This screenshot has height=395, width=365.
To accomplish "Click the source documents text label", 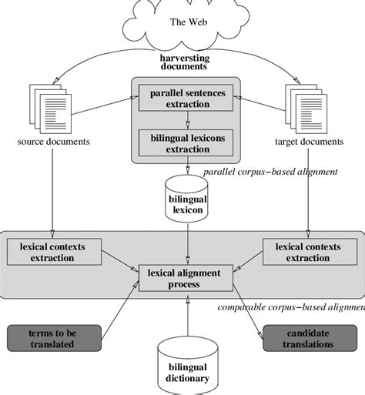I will pyautogui.click(x=52, y=142).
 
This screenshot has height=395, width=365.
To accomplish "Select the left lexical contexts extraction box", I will pyautogui.click(x=52, y=252).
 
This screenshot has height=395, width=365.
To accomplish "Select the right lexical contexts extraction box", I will pyautogui.click(x=308, y=252).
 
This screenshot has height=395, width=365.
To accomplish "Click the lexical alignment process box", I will pyautogui.click(x=185, y=279).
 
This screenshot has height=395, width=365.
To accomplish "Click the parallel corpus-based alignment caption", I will pyautogui.click(x=270, y=171).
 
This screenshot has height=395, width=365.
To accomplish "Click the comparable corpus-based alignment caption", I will pyautogui.click(x=290, y=308).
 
